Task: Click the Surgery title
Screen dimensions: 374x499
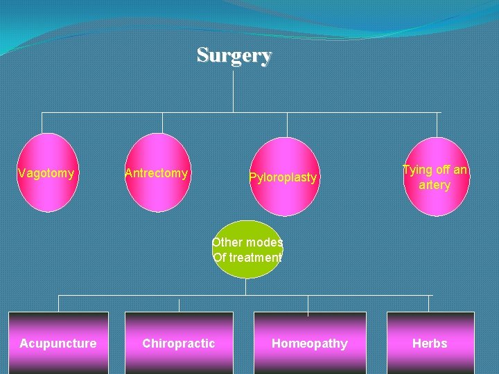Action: tap(234, 55)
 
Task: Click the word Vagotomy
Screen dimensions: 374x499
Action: tap(46, 173)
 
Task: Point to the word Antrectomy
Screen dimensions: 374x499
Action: tap(157, 173)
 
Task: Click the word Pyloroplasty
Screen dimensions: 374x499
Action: tap(283, 178)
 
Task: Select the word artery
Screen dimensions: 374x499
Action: tap(435, 185)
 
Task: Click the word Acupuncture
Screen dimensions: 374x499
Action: tap(58, 344)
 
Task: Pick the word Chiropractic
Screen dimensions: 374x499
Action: tap(179, 344)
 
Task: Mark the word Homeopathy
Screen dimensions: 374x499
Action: tap(310, 344)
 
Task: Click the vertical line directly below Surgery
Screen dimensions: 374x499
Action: tap(234, 90)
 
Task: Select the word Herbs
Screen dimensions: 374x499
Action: tap(430, 344)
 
